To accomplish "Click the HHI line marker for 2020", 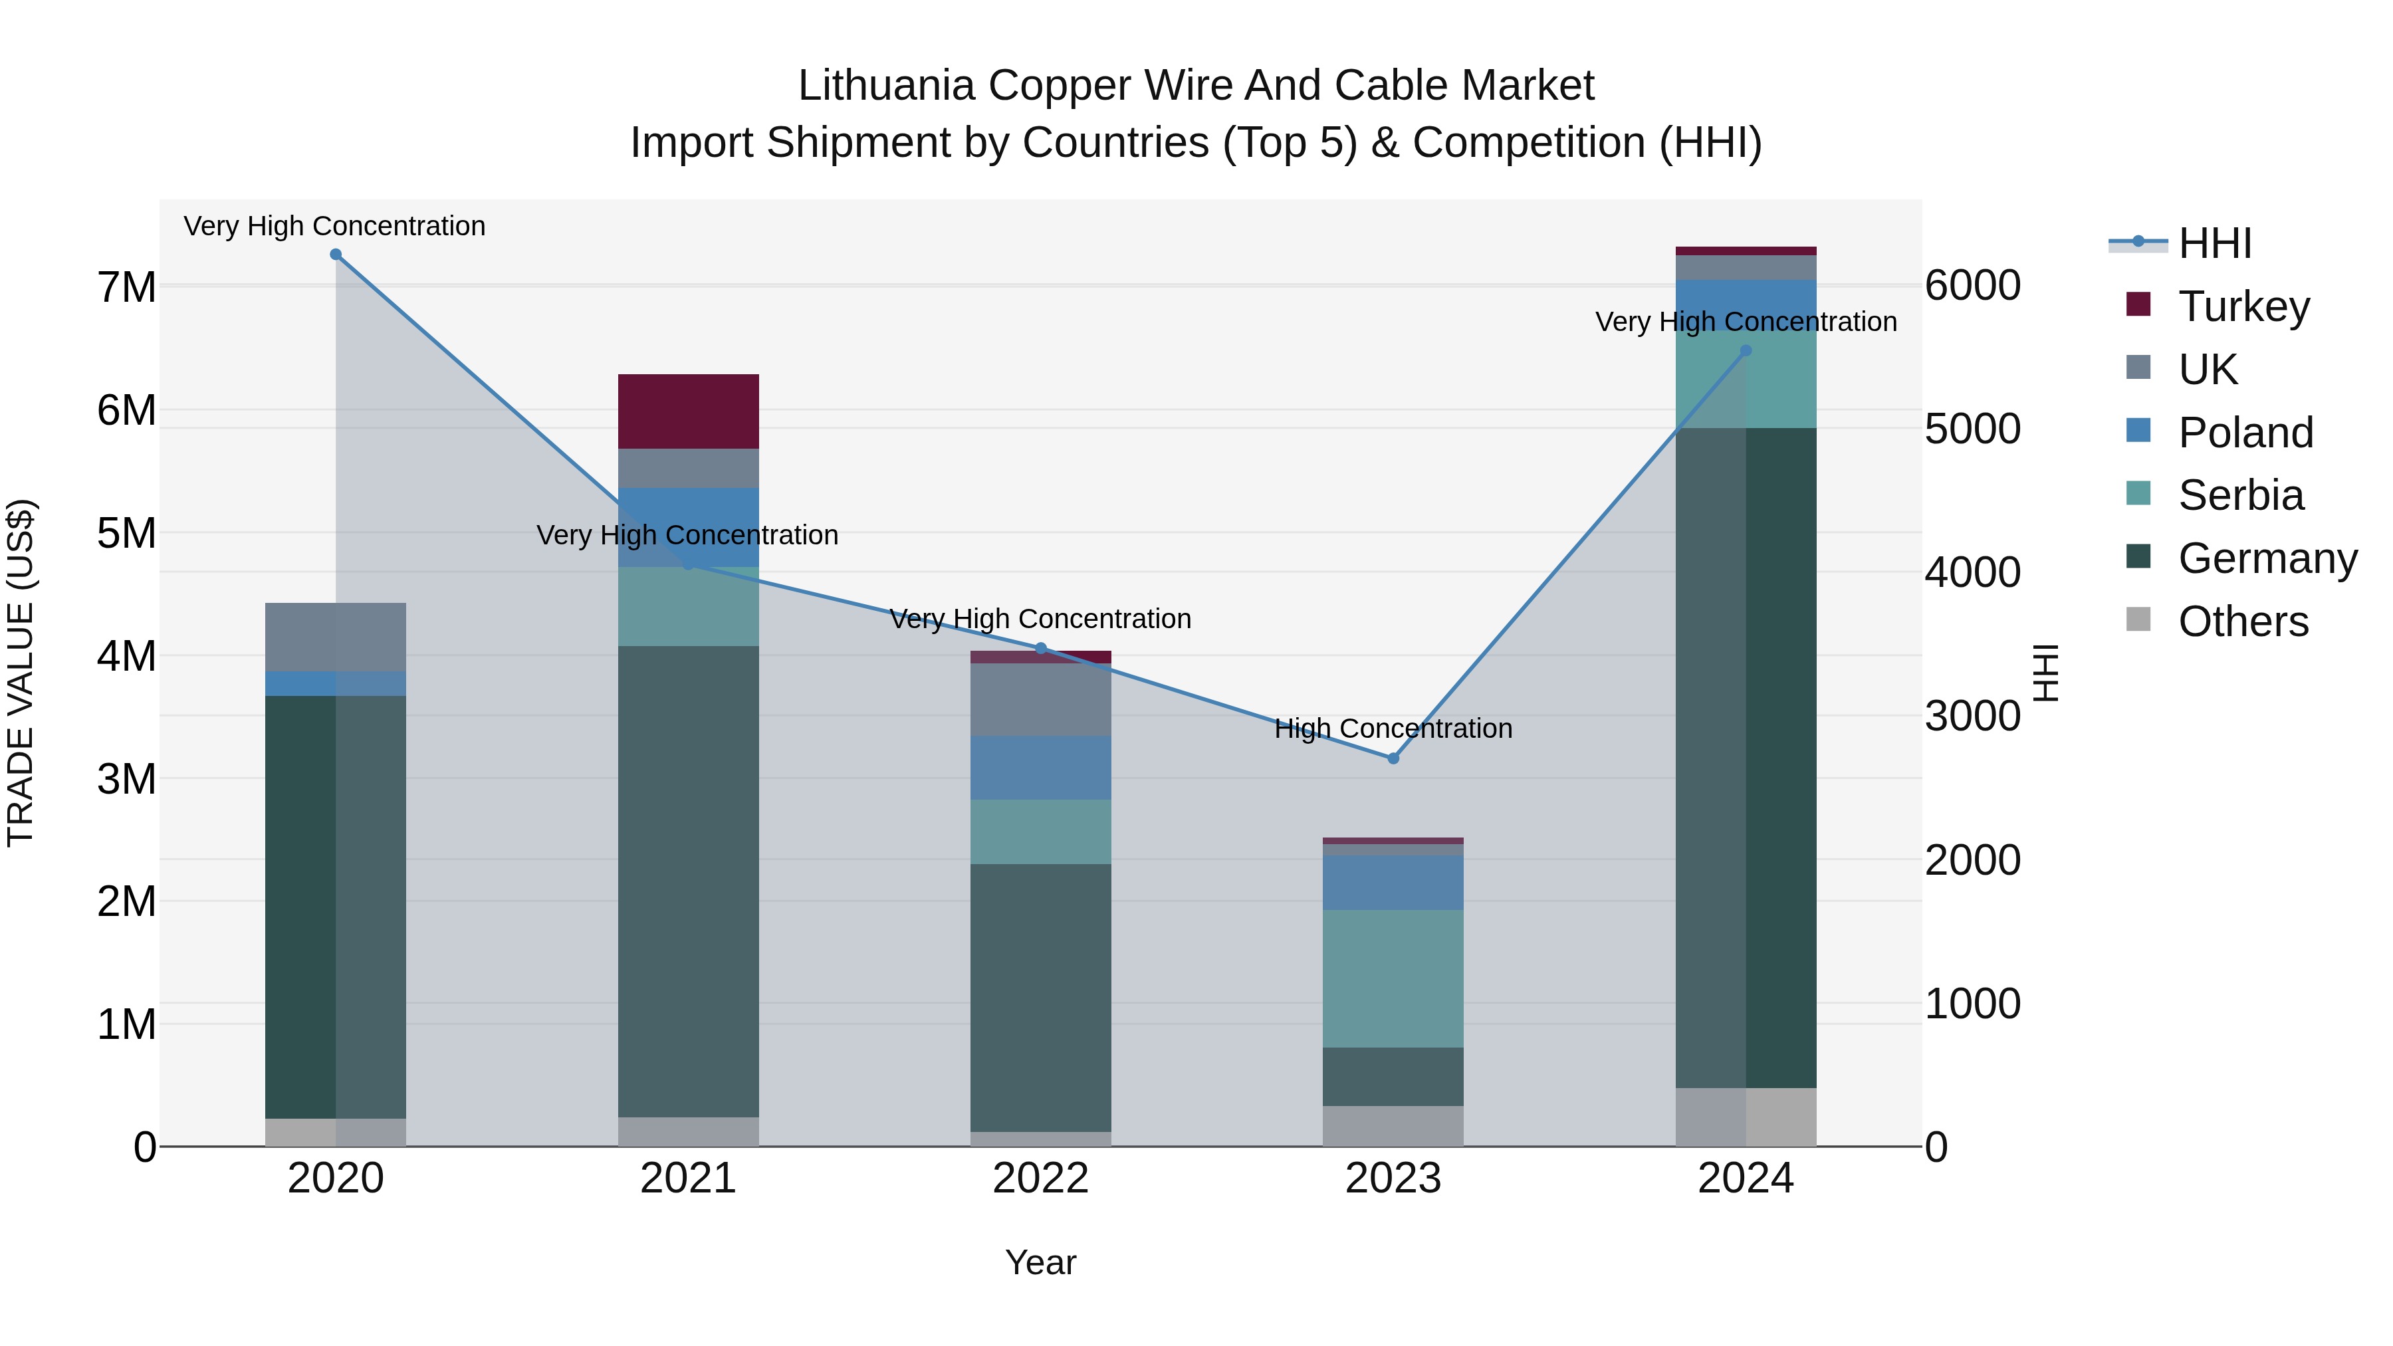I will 336,255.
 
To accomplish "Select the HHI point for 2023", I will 1393,758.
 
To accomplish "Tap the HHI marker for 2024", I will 1746,350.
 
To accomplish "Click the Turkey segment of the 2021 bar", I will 689,411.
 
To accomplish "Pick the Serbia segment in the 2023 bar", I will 1393,978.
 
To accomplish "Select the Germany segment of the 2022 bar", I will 1040,997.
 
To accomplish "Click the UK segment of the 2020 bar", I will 336,637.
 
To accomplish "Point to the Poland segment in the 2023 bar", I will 1393,883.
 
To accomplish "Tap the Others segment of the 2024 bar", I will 1746,1117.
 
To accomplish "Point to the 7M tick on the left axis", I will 126,287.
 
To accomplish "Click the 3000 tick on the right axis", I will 1972,716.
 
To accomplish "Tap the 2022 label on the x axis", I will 1040,1178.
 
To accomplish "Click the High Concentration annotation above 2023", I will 1393,729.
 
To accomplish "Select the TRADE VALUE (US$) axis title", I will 21,673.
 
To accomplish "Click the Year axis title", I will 1040,1262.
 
